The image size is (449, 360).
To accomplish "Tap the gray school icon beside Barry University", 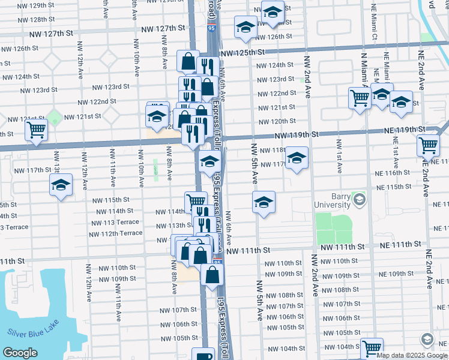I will coord(360,199).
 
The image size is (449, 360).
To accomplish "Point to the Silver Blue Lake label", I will coord(34,332).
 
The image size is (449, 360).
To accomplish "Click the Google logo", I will coord(20,353).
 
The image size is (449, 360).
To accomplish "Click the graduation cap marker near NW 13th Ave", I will coord(61,186).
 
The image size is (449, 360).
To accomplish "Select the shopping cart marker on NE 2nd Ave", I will coord(428,145).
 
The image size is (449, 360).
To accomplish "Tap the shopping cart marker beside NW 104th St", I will coord(372,347).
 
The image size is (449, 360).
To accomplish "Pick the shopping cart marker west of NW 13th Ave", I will coord(37,128).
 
